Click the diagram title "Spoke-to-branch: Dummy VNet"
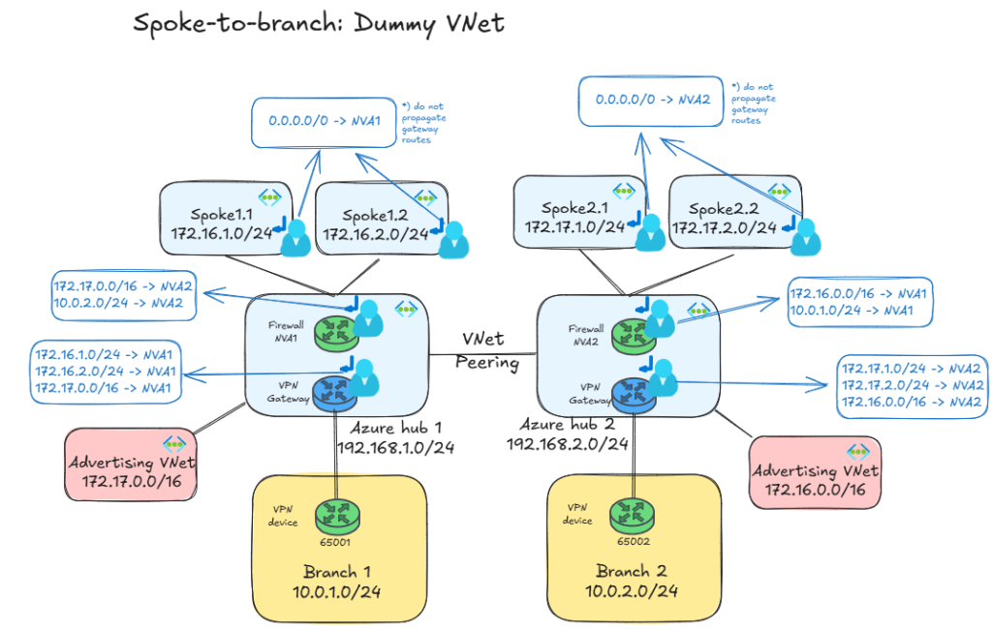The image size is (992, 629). click(319, 23)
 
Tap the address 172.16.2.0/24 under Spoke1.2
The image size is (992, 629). click(376, 233)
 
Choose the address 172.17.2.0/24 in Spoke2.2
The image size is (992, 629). click(725, 227)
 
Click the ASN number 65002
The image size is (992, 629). click(632, 542)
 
